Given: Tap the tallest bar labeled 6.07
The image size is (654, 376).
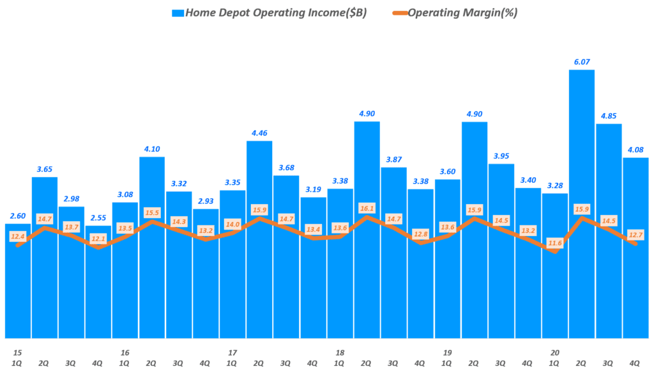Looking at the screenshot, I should tap(581, 205).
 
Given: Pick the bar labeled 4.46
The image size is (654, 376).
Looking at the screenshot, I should tap(259, 243).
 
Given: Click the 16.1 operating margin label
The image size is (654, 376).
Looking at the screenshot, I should tap(367, 208).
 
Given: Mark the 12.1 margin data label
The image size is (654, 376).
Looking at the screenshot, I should tap(98, 239).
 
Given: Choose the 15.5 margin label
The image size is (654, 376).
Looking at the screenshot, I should tap(152, 212).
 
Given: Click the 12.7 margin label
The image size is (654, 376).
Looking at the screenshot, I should tap(635, 235).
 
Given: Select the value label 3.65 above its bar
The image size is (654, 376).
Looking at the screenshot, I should tap(45, 169).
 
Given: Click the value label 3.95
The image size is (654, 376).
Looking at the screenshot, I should tap(501, 156).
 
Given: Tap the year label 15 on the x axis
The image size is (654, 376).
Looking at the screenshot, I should tap(17, 352).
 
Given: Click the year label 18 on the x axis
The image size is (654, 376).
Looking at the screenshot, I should tap(340, 352).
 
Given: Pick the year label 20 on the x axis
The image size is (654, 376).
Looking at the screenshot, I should tap(554, 352).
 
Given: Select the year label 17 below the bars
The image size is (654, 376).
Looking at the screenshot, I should tap(232, 352).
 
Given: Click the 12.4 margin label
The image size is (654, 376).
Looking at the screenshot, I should tap(17, 237).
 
